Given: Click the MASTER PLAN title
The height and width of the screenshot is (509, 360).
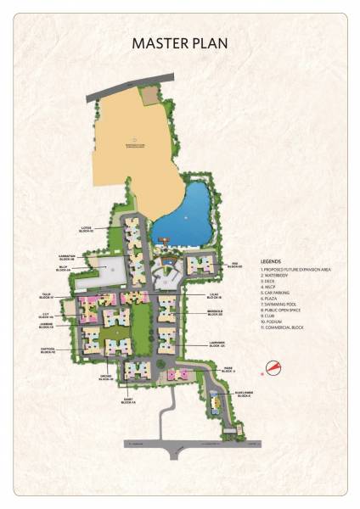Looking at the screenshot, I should pos(179,43).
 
